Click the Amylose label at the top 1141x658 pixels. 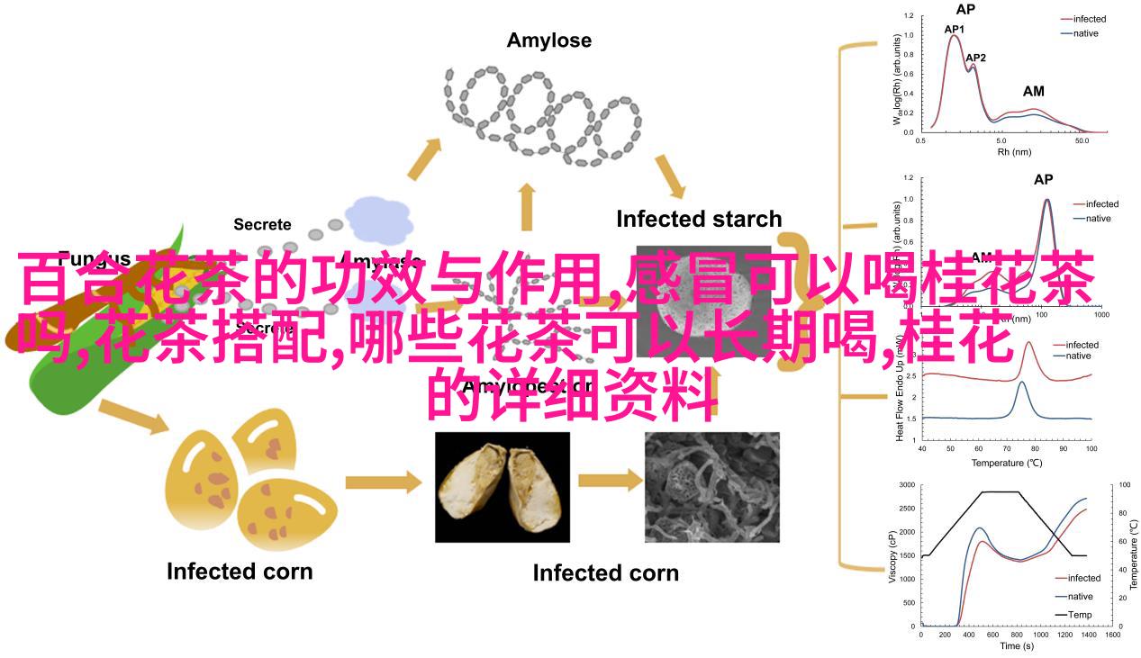click(x=548, y=41)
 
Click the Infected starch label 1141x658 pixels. click(x=699, y=219)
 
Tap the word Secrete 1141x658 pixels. click(x=262, y=224)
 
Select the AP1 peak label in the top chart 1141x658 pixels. click(x=955, y=29)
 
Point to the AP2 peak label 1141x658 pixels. click(x=975, y=58)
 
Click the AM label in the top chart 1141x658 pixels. click(x=1033, y=91)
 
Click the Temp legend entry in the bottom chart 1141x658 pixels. click(x=1080, y=615)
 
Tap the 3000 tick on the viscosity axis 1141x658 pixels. click(x=906, y=485)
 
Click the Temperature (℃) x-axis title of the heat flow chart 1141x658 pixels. click(x=1006, y=463)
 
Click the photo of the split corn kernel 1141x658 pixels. click(x=503, y=487)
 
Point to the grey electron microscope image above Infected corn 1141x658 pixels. click(x=712, y=487)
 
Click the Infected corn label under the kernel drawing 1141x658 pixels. click(x=240, y=571)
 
